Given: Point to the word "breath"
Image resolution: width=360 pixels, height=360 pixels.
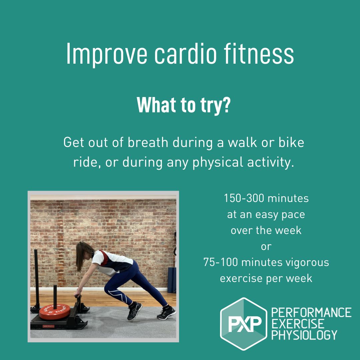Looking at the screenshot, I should (x=148, y=143).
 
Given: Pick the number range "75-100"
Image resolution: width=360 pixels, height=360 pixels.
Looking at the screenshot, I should (x=221, y=263).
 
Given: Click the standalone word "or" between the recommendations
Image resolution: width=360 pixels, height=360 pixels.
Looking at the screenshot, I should (x=266, y=247).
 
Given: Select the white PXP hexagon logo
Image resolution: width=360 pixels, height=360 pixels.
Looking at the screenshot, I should (x=244, y=324).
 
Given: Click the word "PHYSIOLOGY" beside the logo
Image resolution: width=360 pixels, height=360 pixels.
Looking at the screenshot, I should (x=304, y=335).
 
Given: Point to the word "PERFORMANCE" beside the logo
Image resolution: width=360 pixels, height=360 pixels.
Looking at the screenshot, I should (x=311, y=313).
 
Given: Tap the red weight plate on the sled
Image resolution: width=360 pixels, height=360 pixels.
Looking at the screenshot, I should (x=55, y=311).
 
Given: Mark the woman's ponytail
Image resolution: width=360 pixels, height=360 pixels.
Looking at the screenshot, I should (x=79, y=258).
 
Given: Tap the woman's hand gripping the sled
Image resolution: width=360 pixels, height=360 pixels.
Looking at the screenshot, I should (x=77, y=295).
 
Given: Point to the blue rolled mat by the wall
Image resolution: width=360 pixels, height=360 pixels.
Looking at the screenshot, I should (x=172, y=279).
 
